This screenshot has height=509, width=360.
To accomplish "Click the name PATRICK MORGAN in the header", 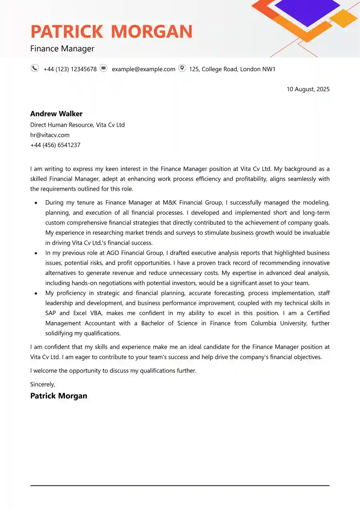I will (x=111, y=32).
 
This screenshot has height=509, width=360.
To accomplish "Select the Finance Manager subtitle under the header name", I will (x=62, y=49).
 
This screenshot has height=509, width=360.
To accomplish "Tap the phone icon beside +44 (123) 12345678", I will (x=35, y=68).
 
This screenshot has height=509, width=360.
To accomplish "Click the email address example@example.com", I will (x=143, y=69).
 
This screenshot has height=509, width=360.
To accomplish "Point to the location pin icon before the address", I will (x=182, y=68).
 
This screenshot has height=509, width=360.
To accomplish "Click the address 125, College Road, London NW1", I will (x=232, y=69).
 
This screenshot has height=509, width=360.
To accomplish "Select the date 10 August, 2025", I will (x=308, y=89).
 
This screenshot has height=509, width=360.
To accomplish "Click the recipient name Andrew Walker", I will (x=56, y=114).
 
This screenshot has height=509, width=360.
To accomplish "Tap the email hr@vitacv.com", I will (x=50, y=135).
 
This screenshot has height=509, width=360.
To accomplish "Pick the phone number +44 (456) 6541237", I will (x=55, y=145).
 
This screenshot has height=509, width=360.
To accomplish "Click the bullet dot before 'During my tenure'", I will (x=36, y=203).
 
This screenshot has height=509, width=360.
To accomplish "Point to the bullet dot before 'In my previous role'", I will (x=36, y=253).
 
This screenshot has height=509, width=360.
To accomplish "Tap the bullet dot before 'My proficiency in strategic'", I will (x=36, y=293).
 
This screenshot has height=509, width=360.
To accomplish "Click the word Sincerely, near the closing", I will (x=43, y=384).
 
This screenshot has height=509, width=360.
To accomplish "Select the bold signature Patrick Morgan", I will (x=59, y=396).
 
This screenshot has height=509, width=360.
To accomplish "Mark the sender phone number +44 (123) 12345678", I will (x=70, y=69).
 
